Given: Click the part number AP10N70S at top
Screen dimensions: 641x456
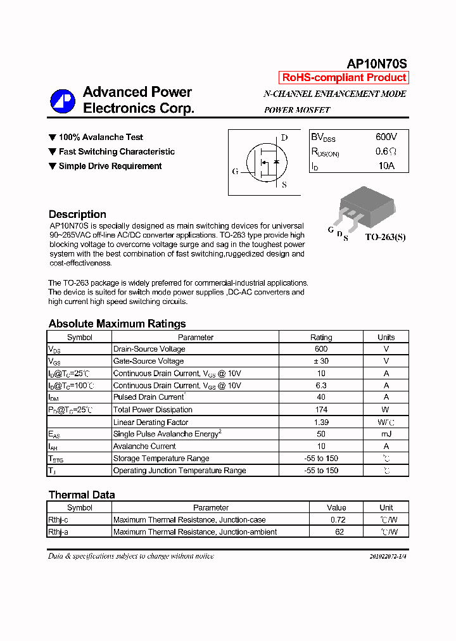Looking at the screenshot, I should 377,63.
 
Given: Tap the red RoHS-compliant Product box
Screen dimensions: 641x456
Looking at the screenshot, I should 344,78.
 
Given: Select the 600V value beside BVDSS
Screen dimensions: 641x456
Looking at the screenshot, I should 386,137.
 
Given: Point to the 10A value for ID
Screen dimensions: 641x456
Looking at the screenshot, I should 386,166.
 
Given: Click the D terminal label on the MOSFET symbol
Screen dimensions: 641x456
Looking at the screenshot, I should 284,138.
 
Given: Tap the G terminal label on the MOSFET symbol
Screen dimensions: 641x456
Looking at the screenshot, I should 235,172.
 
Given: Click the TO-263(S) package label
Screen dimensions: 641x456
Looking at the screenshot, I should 385,238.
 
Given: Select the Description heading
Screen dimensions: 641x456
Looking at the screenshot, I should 77,214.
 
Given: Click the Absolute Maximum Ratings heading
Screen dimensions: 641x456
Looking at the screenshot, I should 117,324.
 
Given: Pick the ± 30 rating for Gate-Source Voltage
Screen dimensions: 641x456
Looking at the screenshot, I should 321,361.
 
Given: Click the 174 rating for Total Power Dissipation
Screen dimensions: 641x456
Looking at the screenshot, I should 321,410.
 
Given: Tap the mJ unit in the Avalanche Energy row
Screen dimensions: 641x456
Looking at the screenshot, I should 386,434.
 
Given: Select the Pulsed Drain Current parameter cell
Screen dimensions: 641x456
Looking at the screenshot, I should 149,397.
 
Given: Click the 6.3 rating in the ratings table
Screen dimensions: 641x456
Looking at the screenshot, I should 321,385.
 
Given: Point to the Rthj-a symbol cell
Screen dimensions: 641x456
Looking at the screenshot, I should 58,532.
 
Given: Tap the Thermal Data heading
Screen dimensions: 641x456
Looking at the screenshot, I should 82,495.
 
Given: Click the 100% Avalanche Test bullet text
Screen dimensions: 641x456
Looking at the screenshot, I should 101,137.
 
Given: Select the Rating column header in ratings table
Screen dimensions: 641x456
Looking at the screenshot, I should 321,337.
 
